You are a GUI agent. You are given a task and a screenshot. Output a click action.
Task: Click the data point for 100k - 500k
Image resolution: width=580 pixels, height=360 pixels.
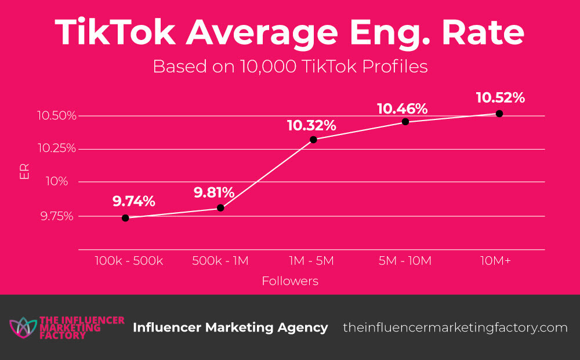point(125,218)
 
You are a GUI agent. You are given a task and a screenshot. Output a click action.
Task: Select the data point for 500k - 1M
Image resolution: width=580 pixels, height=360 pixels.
point(220,208)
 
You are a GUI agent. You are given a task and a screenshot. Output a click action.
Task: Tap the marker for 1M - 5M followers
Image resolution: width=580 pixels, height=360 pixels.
point(313,140)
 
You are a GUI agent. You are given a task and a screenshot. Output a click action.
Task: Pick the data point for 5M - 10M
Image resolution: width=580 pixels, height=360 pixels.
point(405,122)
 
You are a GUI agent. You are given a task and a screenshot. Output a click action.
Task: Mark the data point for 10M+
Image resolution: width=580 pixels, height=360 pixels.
point(499,114)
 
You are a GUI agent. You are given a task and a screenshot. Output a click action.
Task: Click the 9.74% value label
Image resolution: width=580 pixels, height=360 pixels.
point(134,202)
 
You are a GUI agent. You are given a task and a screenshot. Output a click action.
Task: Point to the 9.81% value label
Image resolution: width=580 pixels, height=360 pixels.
point(214,192)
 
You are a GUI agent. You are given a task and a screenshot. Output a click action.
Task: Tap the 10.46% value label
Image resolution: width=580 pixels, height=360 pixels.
point(403,108)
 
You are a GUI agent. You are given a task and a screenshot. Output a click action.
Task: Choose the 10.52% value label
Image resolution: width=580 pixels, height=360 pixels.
point(500,98)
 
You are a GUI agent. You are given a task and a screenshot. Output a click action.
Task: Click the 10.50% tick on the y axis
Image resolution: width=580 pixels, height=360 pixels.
point(56,116)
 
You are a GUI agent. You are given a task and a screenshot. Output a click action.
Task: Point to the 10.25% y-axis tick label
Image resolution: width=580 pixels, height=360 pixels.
point(56,148)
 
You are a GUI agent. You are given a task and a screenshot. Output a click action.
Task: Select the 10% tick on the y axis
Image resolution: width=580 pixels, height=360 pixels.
point(60,182)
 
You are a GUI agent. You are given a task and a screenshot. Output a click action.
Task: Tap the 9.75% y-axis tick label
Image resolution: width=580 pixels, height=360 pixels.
point(58,216)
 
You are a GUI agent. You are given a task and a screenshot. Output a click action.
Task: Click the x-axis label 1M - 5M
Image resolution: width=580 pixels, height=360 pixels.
point(313,261)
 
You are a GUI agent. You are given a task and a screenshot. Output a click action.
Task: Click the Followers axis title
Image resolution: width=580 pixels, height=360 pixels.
point(290,282)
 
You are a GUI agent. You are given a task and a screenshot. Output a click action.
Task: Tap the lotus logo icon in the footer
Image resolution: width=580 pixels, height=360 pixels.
point(22,328)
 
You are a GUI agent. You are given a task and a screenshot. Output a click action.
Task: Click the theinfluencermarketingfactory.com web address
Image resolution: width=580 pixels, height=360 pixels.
point(455,328)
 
